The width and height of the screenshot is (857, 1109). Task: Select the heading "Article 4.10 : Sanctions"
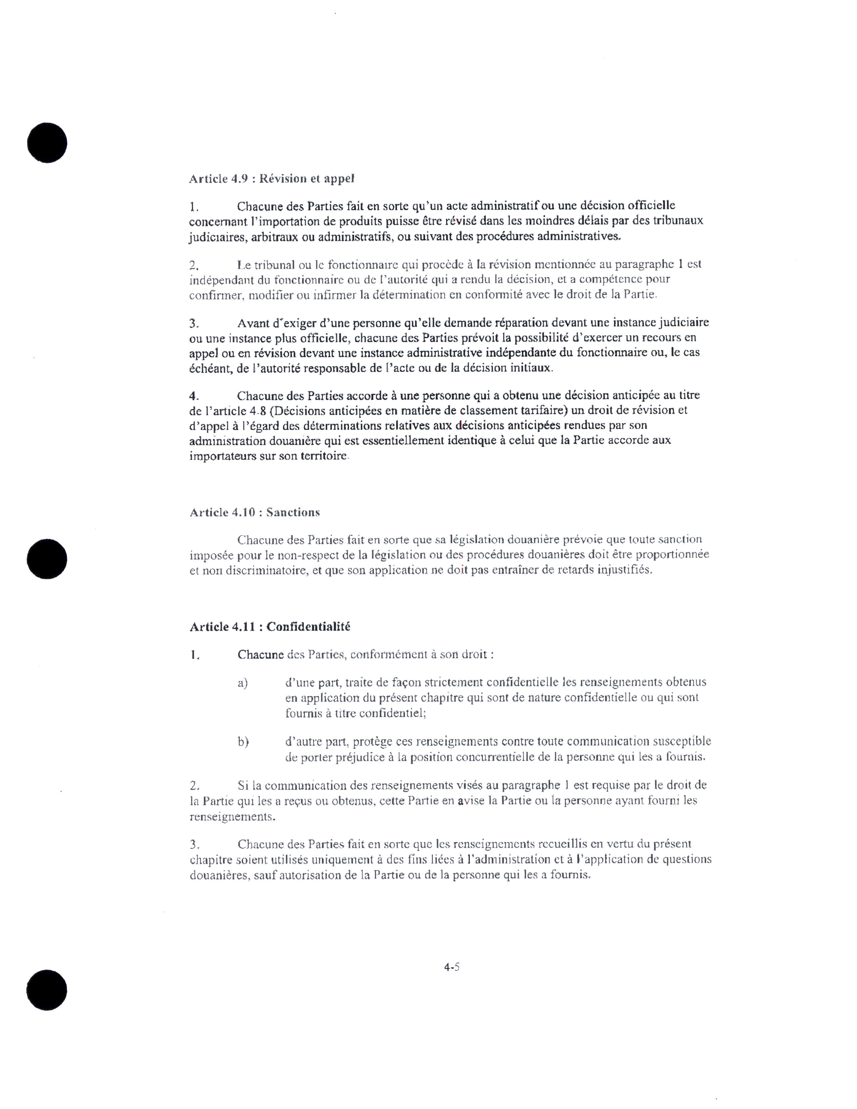coord(254,512)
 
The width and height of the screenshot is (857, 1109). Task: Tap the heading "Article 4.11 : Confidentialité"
coord(270,627)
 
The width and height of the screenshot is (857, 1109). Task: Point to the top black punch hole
coord(47,143)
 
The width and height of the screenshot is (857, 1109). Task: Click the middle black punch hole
coord(47,559)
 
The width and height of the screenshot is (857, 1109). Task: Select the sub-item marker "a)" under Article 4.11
coord(243,683)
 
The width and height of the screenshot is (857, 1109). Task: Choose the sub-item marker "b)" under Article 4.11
coord(243,742)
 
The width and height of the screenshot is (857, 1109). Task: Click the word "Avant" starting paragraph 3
coord(255,323)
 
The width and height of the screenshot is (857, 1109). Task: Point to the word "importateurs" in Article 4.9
coord(221,456)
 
